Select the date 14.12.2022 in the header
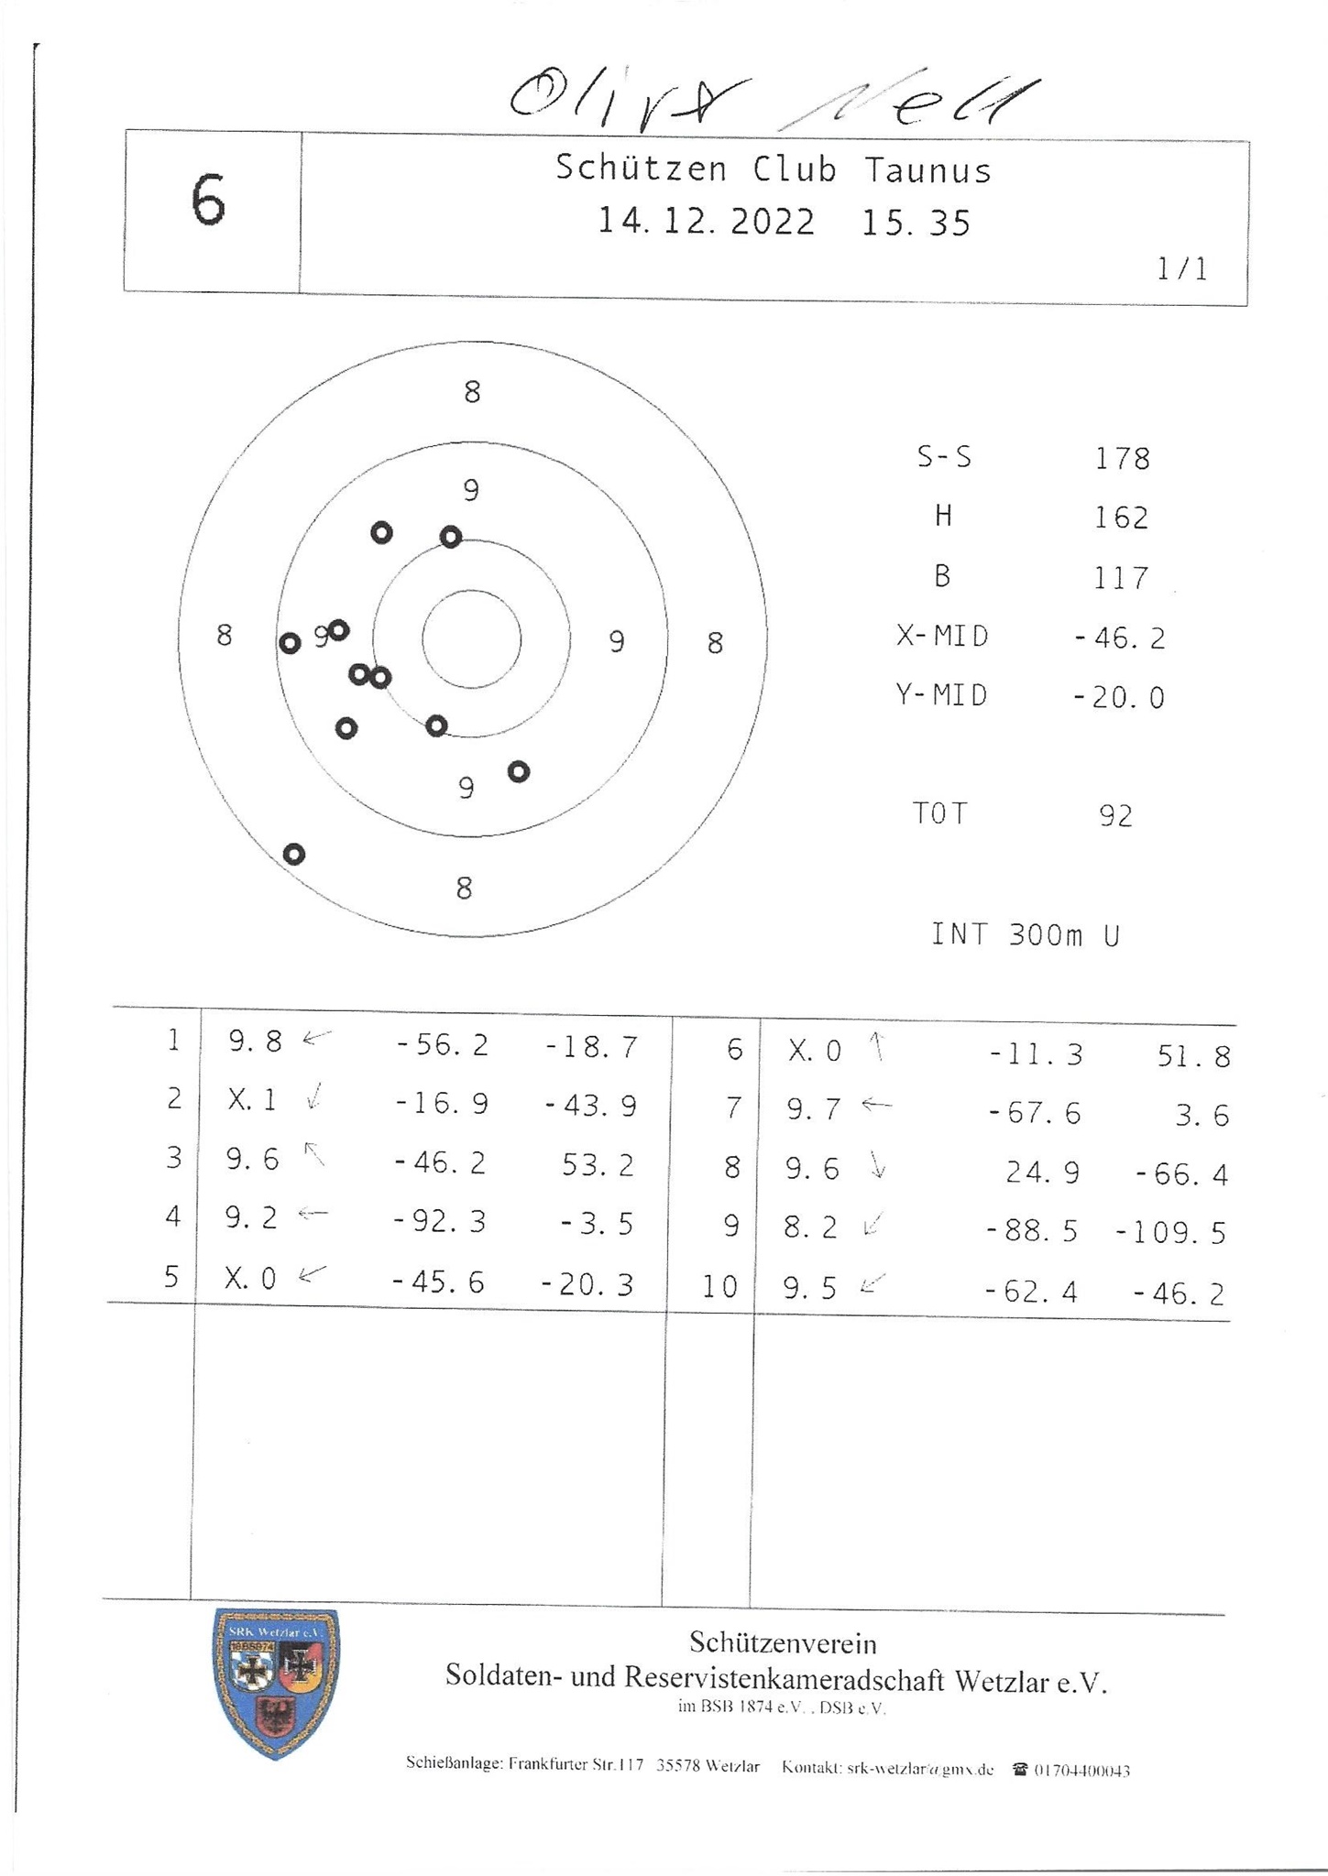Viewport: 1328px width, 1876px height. tap(706, 223)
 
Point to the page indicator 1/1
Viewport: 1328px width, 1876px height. tap(1182, 269)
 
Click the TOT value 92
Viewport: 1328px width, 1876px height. tap(1115, 816)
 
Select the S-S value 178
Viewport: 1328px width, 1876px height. tap(1122, 458)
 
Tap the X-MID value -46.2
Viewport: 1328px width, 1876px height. tap(1119, 638)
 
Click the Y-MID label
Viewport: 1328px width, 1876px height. tap(942, 696)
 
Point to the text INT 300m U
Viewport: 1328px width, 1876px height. tap(1026, 935)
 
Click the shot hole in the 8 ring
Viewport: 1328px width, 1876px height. tap(293, 855)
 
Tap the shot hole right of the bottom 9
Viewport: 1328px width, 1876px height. tap(519, 772)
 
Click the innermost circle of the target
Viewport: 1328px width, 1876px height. tap(471, 639)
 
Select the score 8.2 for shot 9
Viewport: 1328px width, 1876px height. tap(810, 1228)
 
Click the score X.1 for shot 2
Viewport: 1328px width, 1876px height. tap(252, 1100)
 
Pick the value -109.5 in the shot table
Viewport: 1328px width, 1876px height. tap(1170, 1234)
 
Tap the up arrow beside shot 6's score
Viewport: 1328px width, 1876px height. tap(877, 1047)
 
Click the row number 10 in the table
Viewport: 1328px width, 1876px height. tap(719, 1288)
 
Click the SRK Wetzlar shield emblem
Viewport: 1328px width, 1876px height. tap(276, 1684)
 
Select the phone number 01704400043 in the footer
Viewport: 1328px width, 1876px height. tap(1081, 1771)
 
